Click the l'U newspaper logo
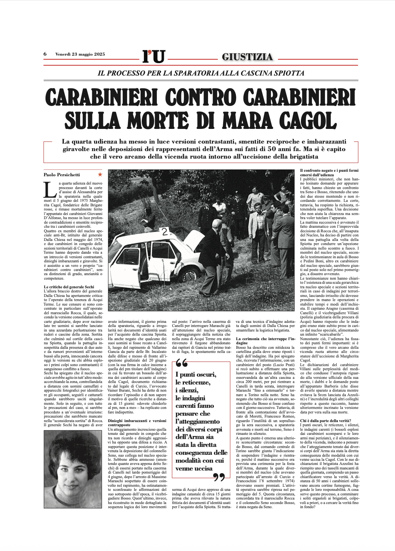[x=153, y=56]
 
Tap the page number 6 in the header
[x=45, y=54]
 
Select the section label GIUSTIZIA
[x=247, y=57]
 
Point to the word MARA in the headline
[x=247, y=121]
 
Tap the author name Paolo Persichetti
[x=62, y=175]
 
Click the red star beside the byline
[x=100, y=174]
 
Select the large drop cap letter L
[x=50, y=190]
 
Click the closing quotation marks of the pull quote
[x=219, y=477]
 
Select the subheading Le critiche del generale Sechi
[x=69, y=287]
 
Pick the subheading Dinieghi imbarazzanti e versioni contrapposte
[x=137, y=423]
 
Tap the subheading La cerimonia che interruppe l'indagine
[x=265, y=341]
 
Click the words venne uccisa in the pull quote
[x=194, y=468]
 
